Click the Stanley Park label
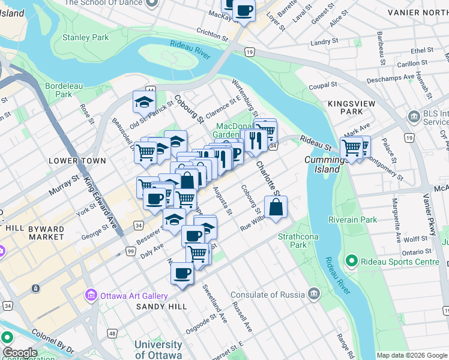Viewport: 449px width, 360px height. click(x=86, y=37)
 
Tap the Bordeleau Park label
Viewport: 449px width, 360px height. click(x=64, y=90)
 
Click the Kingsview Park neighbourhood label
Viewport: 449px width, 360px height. click(x=345, y=107)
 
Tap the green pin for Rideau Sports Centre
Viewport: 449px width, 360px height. click(x=352, y=261)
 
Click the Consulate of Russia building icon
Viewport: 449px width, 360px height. click(x=313, y=293)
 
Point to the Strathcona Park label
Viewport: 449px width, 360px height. click(x=292, y=241)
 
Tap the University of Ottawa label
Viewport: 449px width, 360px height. click(x=158, y=350)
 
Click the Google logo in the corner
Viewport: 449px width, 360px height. click(x=19, y=353)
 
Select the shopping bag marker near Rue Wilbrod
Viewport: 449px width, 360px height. click(x=276, y=208)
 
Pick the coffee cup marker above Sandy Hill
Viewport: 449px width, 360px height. click(x=182, y=274)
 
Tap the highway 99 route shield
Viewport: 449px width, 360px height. click(x=130, y=252)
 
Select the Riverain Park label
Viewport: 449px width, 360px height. click(x=353, y=220)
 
